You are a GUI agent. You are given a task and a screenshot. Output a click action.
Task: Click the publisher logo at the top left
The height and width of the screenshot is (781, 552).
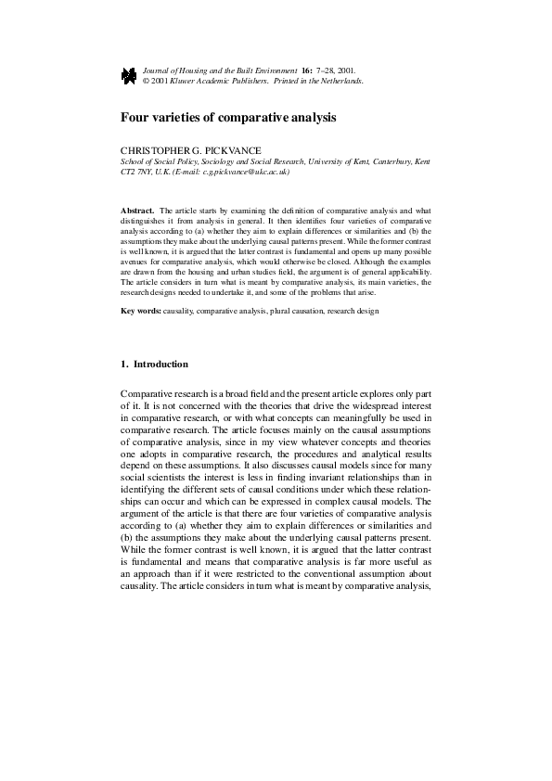[x=129, y=76]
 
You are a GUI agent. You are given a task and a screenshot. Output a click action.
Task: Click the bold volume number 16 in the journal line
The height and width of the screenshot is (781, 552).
[x=305, y=70]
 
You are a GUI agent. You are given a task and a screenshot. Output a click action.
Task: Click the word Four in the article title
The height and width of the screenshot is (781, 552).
[x=135, y=119]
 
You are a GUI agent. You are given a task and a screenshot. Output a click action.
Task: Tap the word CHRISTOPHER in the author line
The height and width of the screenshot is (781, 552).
[x=151, y=150]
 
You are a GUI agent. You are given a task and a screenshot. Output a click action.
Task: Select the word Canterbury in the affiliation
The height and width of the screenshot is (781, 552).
[x=387, y=161]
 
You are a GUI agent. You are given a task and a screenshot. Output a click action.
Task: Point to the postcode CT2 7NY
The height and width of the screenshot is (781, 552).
[x=139, y=172]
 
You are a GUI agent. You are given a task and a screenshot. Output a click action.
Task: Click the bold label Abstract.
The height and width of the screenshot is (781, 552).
[x=138, y=211]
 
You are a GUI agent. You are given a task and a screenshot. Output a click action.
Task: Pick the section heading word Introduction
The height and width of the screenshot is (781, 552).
[x=160, y=365]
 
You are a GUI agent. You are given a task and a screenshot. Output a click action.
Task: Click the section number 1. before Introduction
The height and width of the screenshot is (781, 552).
[x=126, y=365]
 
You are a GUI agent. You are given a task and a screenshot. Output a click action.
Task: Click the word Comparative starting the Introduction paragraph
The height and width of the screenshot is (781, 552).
[x=148, y=394]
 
